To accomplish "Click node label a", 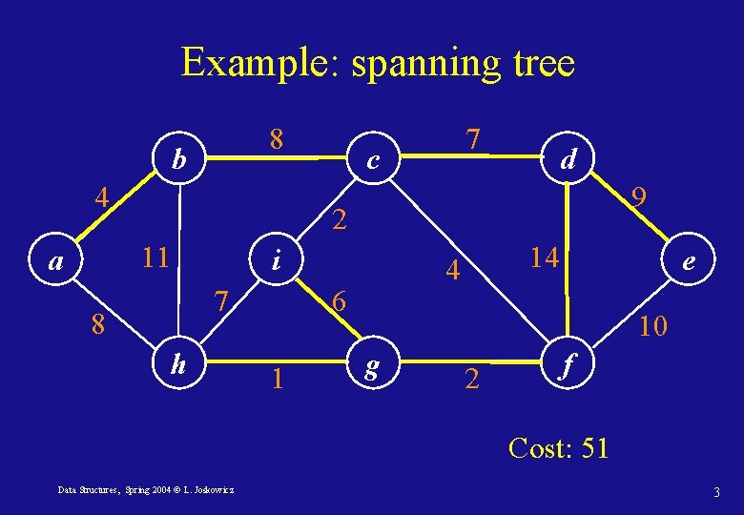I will pyautogui.click(x=57, y=260).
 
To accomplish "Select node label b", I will pyautogui.click(x=177, y=159).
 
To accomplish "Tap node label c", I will pyautogui.click(x=375, y=162).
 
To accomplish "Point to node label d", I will pyautogui.click(x=568, y=158).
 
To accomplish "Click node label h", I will pyautogui.click(x=177, y=362).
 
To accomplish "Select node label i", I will pyautogui.click(x=276, y=258).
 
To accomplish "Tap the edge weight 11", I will pyautogui.click(x=155, y=257).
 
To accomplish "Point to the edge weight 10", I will pyautogui.click(x=653, y=327).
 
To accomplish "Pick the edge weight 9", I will pyautogui.click(x=641, y=197).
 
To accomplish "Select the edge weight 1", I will pyautogui.click(x=277, y=380).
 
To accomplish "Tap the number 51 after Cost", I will pyautogui.click(x=593, y=447).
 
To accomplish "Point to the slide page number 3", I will pyautogui.click(x=715, y=492).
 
